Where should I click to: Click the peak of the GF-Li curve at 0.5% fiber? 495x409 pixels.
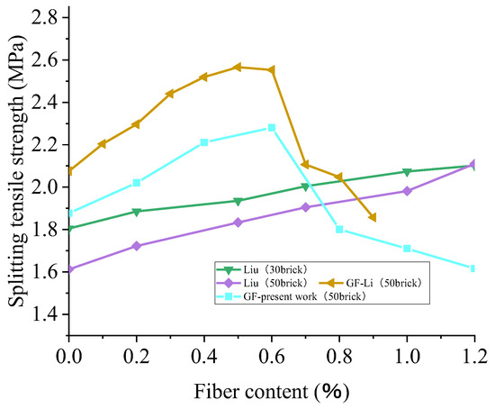click(x=238, y=68)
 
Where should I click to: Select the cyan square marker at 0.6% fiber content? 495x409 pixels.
click(x=272, y=128)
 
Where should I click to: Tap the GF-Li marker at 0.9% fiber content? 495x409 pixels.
click(x=373, y=217)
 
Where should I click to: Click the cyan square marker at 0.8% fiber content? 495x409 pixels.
click(x=339, y=229)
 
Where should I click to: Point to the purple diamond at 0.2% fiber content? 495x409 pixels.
click(x=136, y=246)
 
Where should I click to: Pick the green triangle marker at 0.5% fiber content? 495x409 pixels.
click(x=238, y=201)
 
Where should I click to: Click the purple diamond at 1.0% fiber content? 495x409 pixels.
click(x=407, y=191)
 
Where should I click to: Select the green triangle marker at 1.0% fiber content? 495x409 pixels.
click(x=407, y=172)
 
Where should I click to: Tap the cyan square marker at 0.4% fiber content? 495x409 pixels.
click(x=204, y=142)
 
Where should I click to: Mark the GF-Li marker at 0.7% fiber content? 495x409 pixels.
click(x=305, y=165)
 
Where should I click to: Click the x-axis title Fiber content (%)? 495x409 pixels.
click(x=270, y=393)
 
